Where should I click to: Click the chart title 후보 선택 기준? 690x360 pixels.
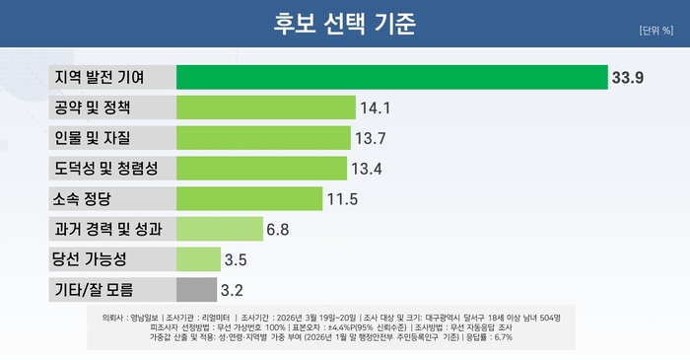344,23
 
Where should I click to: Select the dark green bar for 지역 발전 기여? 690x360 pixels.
391,76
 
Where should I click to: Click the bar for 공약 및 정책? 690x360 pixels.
265,107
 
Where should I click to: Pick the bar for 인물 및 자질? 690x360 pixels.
263,137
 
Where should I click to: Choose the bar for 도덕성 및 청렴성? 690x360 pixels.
261,168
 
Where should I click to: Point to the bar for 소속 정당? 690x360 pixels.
249,198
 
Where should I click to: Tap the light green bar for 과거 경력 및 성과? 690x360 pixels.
218,229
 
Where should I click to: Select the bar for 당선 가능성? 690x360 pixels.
198,259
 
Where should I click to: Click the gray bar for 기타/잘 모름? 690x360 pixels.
196,290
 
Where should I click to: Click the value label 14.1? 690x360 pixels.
377,108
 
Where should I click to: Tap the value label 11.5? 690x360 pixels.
341,199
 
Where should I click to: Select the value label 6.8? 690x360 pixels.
278,230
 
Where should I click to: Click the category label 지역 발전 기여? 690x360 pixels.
99,76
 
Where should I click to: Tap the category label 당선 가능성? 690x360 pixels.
90,259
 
